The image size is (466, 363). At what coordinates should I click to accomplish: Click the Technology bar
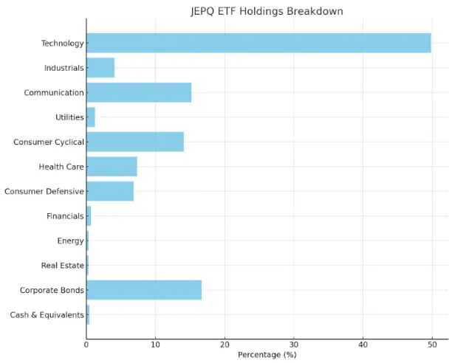point(258,43)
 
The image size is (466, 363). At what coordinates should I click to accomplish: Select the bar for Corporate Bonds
point(144,290)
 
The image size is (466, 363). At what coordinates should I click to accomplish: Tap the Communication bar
point(139,92)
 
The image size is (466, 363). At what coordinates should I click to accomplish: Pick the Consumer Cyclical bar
point(135,142)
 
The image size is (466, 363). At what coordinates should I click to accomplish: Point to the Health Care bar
point(112,167)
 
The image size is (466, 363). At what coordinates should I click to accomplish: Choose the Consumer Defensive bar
point(110,191)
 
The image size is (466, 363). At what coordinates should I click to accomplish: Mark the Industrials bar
point(100,68)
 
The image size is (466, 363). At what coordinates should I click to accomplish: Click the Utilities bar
point(91,117)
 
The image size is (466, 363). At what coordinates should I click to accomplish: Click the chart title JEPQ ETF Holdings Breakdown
point(267,11)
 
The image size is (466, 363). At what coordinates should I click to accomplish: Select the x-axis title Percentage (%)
point(267,355)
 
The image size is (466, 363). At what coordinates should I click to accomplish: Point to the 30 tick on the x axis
point(293,344)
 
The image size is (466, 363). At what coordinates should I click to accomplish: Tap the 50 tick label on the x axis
point(431,344)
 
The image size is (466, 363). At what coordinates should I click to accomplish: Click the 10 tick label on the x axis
point(155,344)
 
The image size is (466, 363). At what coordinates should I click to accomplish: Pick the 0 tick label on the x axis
point(86,344)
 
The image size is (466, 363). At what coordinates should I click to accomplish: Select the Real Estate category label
point(62,266)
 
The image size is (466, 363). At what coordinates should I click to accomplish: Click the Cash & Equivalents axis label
point(47,315)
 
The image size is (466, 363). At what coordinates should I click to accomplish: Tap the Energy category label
point(70,241)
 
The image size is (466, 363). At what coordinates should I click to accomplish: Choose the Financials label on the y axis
point(65,216)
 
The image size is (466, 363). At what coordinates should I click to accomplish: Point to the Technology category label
point(62,44)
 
